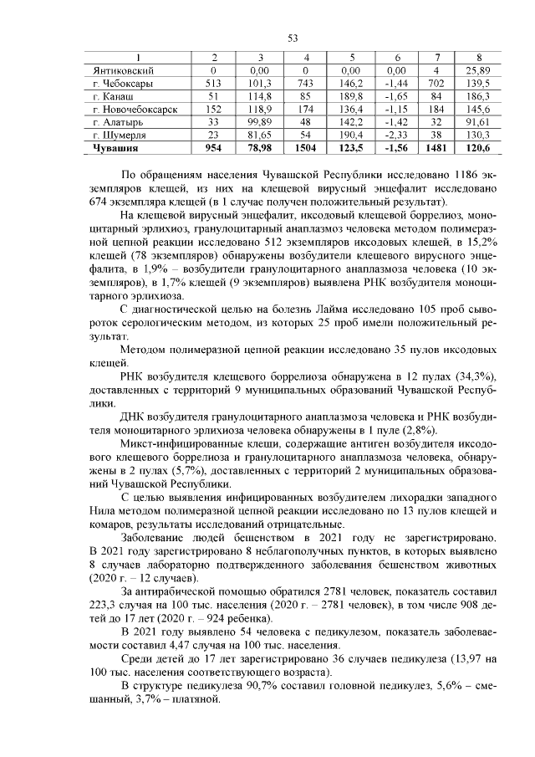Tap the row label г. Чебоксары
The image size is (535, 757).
click(123, 84)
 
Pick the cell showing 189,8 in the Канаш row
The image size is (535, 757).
click(351, 97)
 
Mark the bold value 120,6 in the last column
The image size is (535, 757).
click(477, 148)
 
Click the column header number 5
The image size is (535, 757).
click(351, 58)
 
